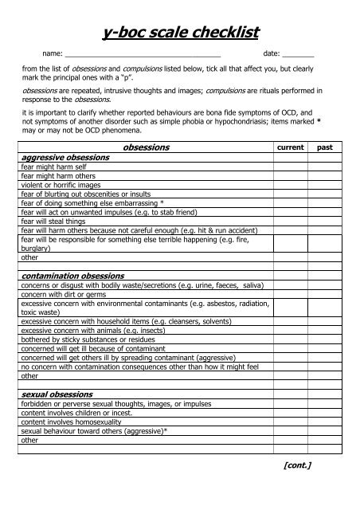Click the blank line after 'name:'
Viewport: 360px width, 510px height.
[143, 53]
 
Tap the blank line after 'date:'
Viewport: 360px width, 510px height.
[298, 53]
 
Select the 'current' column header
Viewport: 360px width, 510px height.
[289, 148]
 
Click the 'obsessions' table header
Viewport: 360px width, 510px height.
[143, 147]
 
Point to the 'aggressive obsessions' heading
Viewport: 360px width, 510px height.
[65, 158]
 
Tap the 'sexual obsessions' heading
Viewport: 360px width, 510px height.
[57, 394]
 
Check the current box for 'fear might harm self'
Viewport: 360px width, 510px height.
[289, 167]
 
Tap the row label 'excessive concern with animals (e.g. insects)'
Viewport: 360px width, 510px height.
[95, 329]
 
